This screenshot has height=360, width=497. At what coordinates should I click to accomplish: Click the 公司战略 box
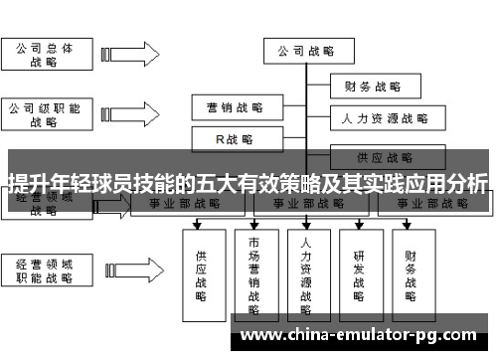point(304,51)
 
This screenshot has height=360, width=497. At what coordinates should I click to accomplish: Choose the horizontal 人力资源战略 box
point(384,119)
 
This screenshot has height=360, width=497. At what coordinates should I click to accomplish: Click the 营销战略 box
point(235,106)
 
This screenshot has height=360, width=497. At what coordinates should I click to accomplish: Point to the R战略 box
point(235,139)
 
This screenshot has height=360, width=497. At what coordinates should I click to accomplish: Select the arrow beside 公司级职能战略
point(123,115)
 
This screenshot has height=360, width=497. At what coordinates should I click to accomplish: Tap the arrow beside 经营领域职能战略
point(123,271)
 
